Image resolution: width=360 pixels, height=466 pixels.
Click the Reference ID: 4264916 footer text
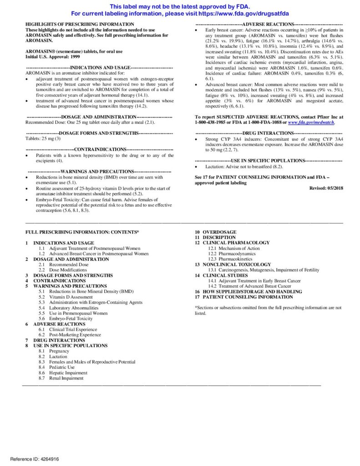(35, 459)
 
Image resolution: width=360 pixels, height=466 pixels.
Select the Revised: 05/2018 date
(326, 188)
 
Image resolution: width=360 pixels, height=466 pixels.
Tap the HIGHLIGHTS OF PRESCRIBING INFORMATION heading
(80, 24)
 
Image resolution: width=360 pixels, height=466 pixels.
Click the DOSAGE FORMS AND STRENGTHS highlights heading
(99, 133)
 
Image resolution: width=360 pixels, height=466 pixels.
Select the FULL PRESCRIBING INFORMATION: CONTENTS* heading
(82, 232)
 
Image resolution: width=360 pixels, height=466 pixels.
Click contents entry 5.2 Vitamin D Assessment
(66, 297)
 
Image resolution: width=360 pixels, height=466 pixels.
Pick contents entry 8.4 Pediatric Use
(56, 367)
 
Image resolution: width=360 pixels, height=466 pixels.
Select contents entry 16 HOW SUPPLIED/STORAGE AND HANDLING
(248, 291)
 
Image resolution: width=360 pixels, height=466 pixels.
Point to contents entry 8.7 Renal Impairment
(61, 378)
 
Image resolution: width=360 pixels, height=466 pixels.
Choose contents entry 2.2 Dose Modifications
(61, 270)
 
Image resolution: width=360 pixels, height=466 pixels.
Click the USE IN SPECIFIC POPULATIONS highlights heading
(269, 161)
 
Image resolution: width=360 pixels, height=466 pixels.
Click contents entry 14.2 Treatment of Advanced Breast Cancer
(249, 286)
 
